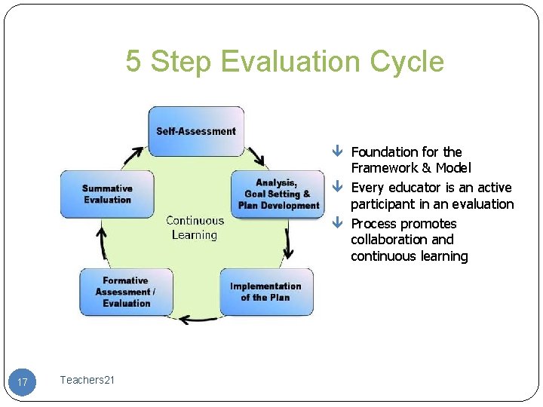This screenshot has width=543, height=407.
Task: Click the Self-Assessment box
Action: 196,131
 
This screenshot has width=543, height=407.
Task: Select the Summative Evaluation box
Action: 107,194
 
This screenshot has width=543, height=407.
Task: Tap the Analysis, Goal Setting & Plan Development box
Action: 278,194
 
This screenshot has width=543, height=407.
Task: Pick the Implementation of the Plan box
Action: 266,292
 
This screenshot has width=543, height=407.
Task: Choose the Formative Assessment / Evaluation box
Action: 126,292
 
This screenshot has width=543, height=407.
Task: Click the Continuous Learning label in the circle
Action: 195,228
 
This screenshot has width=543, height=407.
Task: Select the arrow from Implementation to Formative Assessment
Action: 198,318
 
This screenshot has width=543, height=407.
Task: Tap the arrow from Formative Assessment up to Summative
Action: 102,243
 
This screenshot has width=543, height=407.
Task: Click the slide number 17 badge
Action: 23,382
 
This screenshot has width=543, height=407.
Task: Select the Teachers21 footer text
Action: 87,380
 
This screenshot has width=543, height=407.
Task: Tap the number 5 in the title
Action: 133,61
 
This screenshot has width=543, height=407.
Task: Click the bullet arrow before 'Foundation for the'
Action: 338,152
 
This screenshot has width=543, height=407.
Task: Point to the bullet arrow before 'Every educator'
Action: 338,188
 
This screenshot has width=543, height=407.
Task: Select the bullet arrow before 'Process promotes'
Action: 338,224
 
